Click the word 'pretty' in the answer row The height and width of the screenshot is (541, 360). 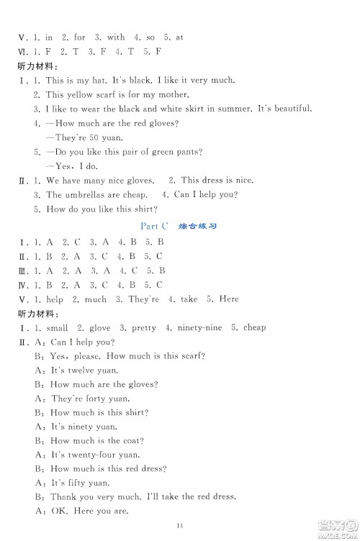[x=143, y=328]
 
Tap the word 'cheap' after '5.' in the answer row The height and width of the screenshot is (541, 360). [x=254, y=328]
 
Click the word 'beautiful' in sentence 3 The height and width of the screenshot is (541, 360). [x=289, y=109]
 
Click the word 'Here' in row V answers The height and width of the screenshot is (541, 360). [x=228, y=299]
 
